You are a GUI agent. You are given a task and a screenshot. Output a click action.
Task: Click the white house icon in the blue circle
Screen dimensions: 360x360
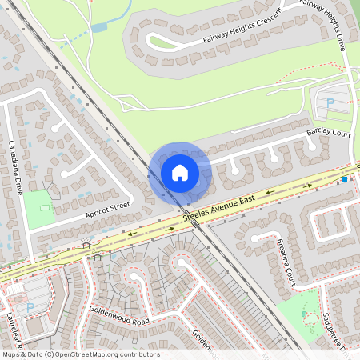coord(180,172)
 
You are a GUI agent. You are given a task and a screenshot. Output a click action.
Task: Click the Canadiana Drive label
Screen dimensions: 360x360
coord(14,169)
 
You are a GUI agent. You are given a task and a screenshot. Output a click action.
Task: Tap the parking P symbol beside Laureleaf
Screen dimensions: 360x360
coord(30,307)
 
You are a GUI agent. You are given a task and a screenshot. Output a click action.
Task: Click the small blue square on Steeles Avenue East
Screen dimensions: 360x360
coord(345,180)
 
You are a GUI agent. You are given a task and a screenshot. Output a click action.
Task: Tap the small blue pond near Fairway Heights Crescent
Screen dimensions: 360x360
coord(99,27)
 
